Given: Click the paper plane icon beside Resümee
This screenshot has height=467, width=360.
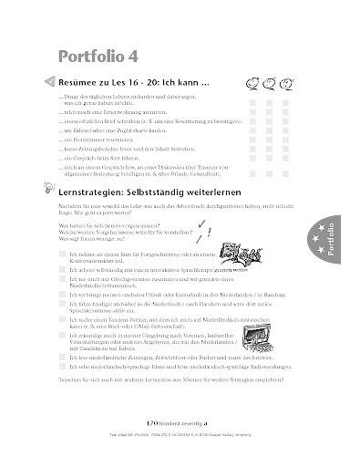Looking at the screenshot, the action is (48, 81).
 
